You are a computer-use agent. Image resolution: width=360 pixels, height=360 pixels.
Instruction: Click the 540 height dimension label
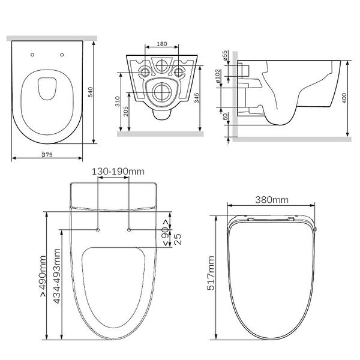click(91, 92)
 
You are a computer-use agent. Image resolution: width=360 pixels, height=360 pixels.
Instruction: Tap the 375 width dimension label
click(47, 155)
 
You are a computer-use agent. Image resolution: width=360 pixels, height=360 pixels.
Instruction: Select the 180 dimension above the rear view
click(162, 44)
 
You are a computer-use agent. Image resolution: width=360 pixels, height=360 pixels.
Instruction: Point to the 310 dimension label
click(118, 101)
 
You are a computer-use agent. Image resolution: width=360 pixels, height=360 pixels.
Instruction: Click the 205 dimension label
click(126, 111)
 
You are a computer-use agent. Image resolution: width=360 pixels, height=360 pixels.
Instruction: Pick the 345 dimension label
click(197, 98)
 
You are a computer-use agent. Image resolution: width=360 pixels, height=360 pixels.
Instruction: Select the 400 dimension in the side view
click(344, 98)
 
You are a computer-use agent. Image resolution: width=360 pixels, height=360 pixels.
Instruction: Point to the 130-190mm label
click(118, 172)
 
